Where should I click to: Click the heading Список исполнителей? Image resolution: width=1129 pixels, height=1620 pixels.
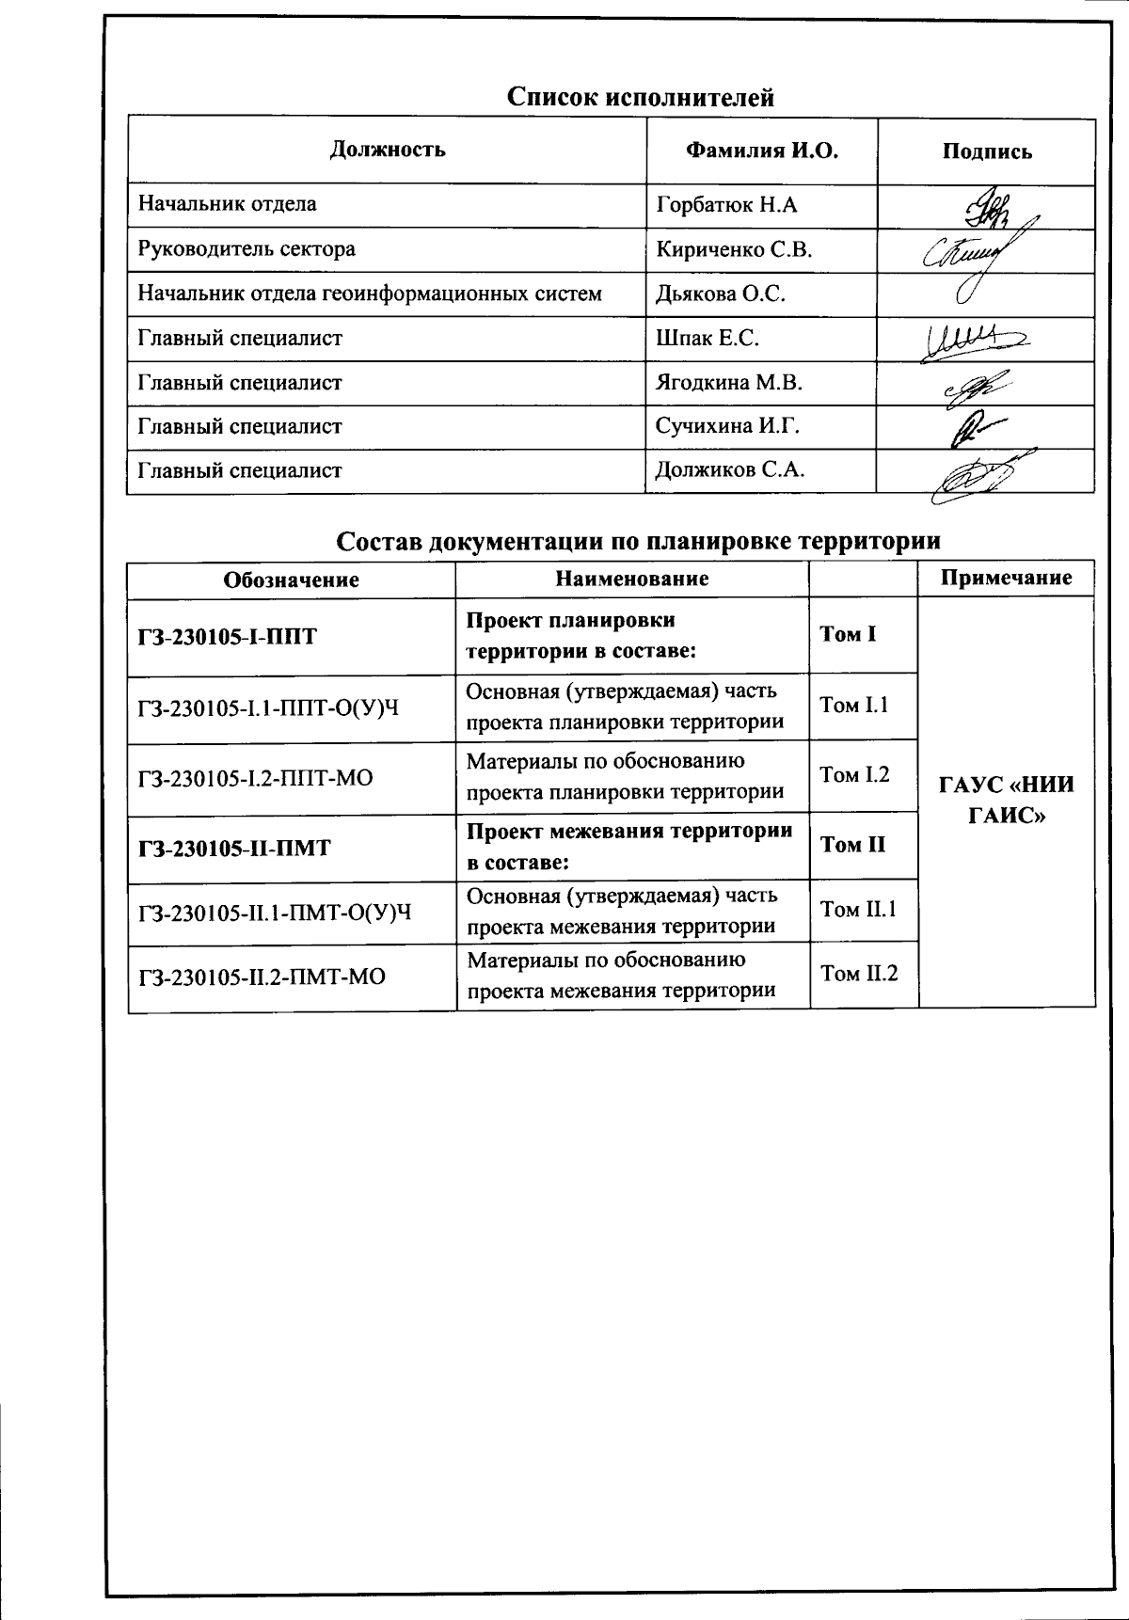tap(641, 97)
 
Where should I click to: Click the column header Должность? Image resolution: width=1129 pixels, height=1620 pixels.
tap(388, 150)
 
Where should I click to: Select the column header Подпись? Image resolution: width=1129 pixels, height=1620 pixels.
tap(986, 151)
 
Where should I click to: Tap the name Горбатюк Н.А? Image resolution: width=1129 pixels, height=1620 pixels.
tap(727, 204)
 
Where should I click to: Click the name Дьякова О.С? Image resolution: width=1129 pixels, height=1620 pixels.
tap(721, 294)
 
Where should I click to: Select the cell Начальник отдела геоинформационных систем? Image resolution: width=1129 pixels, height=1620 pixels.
tap(370, 294)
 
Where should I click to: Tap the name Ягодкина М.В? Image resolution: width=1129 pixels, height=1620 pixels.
tap(729, 383)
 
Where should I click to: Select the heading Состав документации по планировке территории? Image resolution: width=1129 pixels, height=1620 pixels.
tap(639, 542)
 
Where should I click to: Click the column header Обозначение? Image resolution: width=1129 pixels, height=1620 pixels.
tap(291, 580)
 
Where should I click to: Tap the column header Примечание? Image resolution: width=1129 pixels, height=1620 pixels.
tap(1006, 578)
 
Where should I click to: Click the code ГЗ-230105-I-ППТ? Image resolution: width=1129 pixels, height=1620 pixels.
tap(228, 637)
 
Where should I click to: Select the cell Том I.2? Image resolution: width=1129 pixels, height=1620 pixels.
tap(854, 775)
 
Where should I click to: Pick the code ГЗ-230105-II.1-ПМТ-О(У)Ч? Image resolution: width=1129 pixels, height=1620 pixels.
tap(275, 913)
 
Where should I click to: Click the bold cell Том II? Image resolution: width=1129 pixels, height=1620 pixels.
tap(852, 845)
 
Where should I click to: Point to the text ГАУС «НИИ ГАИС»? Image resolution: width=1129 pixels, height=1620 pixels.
tap(1006, 800)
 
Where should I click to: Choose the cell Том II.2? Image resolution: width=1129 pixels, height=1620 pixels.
tap(859, 974)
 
